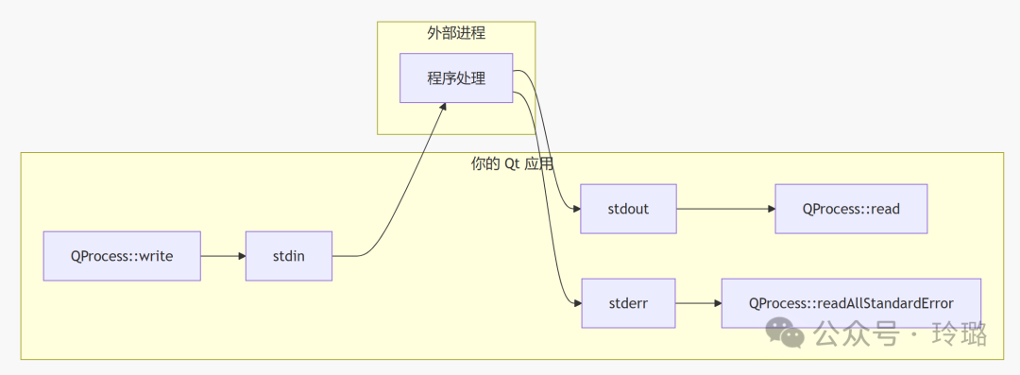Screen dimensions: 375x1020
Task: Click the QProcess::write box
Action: coord(122,255)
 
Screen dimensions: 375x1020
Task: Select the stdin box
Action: coord(288,255)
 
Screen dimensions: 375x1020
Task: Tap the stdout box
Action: coord(628,209)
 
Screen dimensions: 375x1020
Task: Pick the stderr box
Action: coord(628,303)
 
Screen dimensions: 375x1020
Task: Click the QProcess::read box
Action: coord(851,209)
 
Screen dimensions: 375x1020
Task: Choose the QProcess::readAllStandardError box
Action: coord(851,303)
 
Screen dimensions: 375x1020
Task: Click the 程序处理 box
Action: coord(456,78)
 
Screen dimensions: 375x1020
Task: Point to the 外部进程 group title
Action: coord(456,33)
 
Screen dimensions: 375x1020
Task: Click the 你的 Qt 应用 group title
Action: coord(512,163)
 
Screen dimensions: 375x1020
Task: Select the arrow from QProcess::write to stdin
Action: coord(222,255)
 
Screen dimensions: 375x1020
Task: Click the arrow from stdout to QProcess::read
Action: coord(724,209)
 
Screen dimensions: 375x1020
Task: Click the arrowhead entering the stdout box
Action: coord(575,209)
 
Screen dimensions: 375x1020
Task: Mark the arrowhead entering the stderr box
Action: coord(575,303)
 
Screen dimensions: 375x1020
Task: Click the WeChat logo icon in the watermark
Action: coord(786,332)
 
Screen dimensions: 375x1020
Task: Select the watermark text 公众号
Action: coord(856,333)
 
